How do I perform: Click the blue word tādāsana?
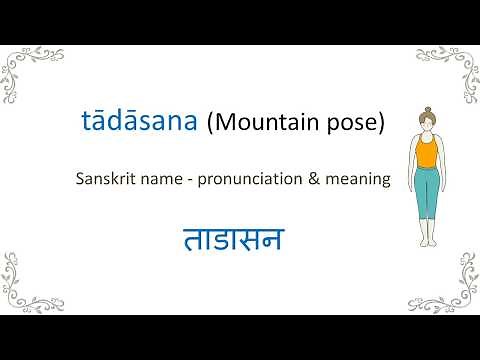click(x=140, y=123)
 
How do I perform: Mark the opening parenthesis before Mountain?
click(x=210, y=124)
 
